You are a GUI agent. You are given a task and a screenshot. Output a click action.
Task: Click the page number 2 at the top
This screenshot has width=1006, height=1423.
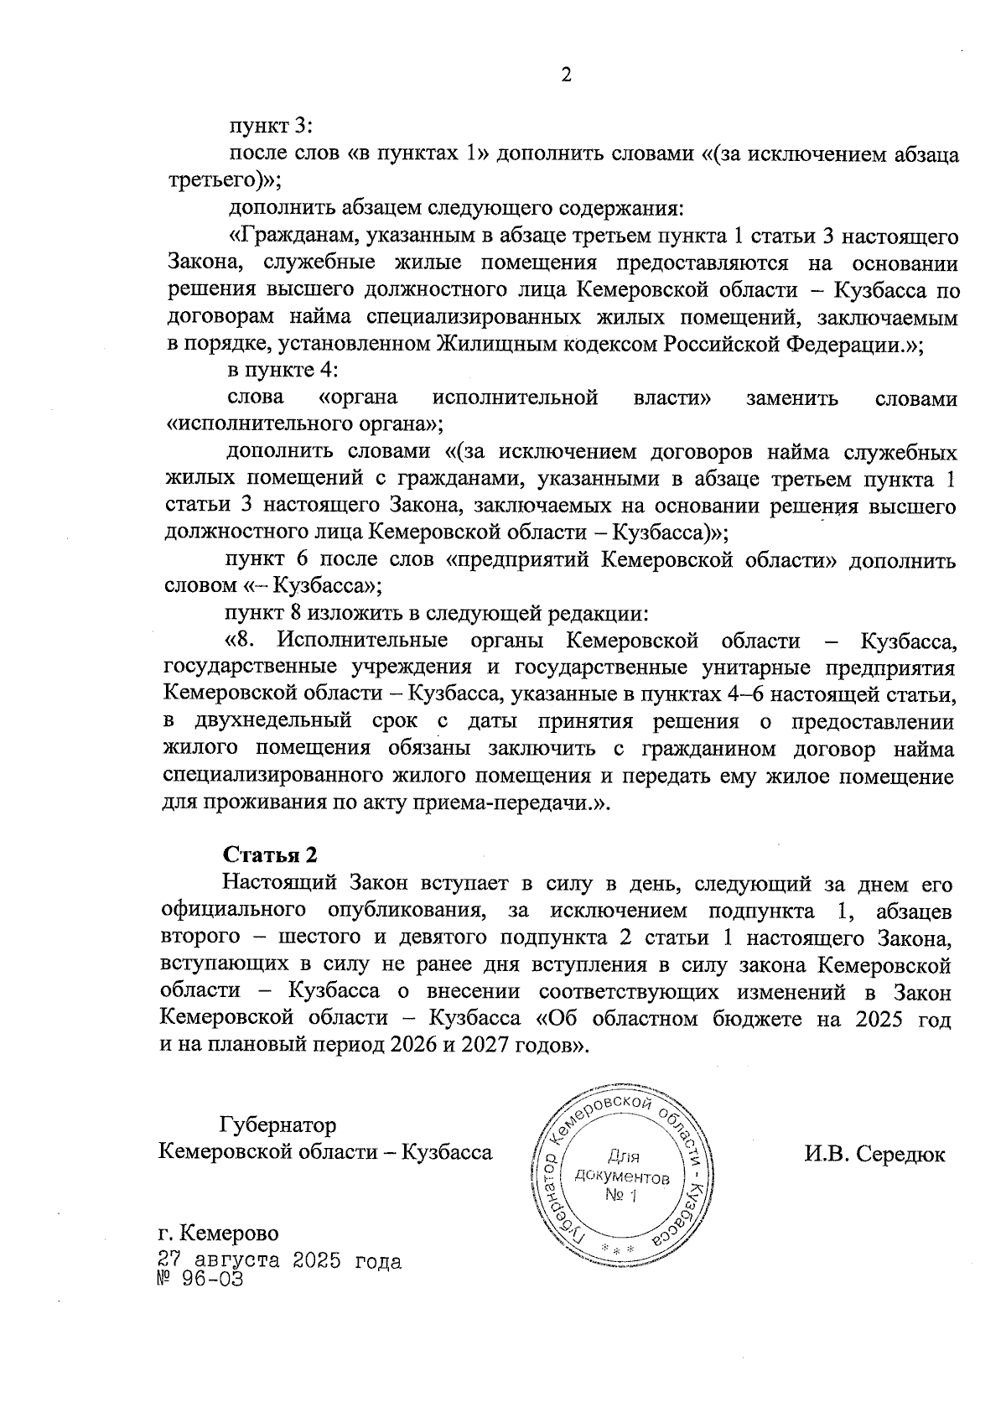tap(566, 75)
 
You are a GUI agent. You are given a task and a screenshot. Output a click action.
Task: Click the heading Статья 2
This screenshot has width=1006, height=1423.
tap(271, 854)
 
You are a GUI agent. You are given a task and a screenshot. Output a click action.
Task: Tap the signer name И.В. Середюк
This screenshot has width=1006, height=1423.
tap(874, 1154)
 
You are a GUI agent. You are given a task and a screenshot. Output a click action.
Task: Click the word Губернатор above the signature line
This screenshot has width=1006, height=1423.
tap(277, 1124)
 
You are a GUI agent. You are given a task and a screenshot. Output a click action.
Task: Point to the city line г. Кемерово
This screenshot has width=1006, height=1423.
tap(220, 1233)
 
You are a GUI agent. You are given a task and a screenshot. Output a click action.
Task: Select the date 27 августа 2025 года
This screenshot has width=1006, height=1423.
tap(280, 1261)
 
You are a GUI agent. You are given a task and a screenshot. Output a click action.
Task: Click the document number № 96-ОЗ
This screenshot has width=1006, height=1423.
tap(201, 1280)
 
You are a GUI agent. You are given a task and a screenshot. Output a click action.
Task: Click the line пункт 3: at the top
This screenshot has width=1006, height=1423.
tap(271, 127)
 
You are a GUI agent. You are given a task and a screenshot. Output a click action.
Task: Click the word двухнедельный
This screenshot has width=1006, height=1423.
tap(275, 722)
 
